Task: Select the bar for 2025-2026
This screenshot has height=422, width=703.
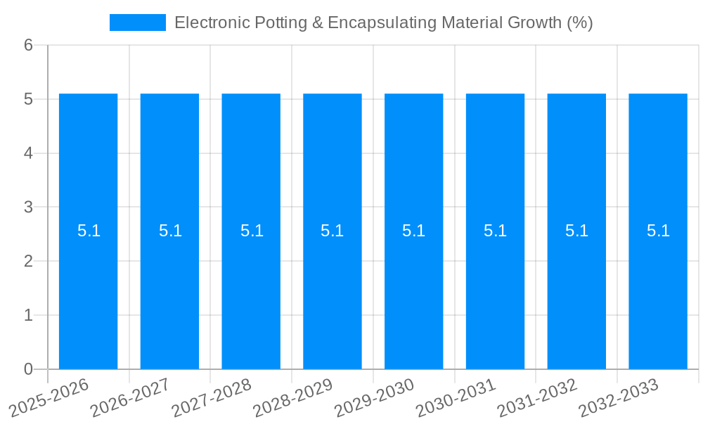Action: [88, 295]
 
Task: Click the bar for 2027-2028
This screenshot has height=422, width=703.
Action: [251, 295]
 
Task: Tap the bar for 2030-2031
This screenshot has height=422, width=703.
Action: [495, 295]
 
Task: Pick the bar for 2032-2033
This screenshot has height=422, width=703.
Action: [658, 295]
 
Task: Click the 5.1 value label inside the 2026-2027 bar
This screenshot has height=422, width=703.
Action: [170, 231]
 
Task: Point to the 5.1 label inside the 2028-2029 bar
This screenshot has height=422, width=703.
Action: [332, 231]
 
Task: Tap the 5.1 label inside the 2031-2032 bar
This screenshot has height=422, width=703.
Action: [576, 231]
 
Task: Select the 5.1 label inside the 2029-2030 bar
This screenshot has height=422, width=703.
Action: [413, 231]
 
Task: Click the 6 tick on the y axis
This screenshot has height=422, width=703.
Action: [28, 46]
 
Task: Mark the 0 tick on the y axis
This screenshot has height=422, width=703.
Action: [28, 369]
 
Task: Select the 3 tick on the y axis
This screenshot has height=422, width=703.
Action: [28, 207]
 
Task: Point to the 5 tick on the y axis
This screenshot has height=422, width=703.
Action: [28, 99]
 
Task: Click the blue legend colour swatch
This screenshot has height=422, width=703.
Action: [138, 23]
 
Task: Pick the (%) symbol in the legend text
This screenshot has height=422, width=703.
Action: [580, 23]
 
